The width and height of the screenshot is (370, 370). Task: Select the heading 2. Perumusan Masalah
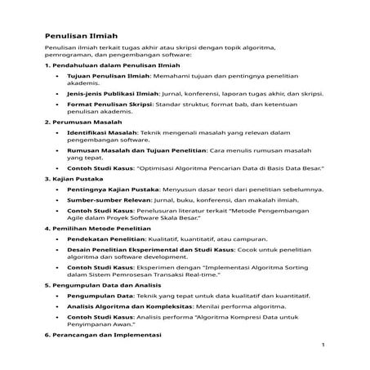pos(78,121)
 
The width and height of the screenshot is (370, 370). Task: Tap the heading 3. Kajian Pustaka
pos(70,178)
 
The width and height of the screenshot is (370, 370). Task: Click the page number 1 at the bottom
pos(323,345)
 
